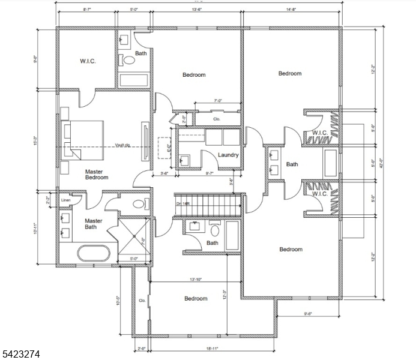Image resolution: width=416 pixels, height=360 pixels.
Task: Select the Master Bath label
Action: coord(93,223)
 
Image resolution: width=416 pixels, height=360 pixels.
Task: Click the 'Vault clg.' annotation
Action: coord(123,145)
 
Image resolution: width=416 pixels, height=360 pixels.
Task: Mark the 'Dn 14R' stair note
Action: coord(183,204)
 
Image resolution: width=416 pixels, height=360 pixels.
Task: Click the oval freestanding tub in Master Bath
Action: coord(93,253)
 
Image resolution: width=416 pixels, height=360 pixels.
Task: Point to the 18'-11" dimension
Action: coord(211,348)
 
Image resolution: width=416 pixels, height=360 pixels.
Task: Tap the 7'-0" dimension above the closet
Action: coord(219,101)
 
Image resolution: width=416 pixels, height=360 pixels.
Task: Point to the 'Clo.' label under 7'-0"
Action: coord(217,119)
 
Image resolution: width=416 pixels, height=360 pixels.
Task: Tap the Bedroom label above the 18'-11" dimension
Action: coord(196,298)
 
